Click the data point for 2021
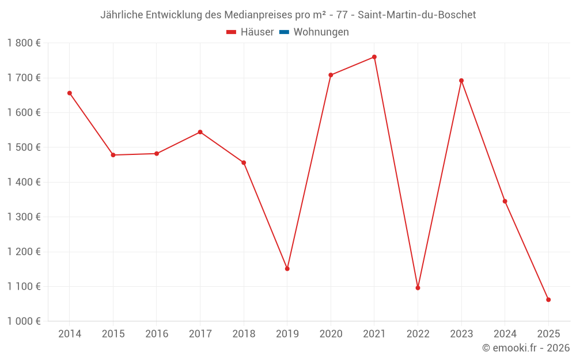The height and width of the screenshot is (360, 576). coord(374,57)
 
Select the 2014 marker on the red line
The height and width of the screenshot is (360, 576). coord(70,93)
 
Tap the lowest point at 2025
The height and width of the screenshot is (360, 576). coord(548,300)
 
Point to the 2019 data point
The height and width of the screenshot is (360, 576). coord(287,269)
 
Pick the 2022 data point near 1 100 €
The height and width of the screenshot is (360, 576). coord(418,288)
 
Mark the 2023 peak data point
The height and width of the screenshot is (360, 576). coord(461,81)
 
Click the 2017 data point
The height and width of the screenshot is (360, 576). coord(200,132)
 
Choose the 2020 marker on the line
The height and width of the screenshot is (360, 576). coord(331,75)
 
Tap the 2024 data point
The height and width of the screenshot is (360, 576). coord(505,202)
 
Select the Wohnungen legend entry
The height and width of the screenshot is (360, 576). coord(321,32)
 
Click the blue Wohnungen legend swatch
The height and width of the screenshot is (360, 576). coord(284,32)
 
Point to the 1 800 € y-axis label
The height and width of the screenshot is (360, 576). coord(24,43)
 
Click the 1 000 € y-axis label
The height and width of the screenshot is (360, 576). coord(24,321)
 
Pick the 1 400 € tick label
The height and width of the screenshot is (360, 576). coord(24,182)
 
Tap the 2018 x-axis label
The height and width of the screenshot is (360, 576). coord(244,334)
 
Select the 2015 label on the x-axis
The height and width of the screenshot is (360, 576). coord(113,334)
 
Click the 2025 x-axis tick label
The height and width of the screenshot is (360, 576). coord(548,334)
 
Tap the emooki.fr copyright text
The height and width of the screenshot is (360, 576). coord(525,348)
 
